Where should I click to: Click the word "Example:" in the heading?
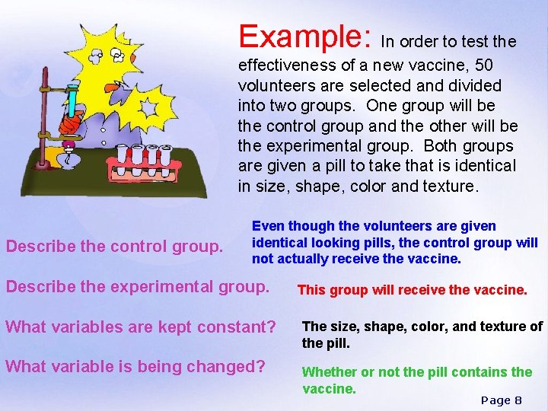coord(304,36)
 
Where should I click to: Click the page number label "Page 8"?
coord(501,400)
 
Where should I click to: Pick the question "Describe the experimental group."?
coord(138,287)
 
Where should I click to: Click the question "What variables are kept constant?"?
coord(141,327)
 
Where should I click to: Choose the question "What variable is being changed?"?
coord(135,367)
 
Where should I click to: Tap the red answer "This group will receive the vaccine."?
coord(412,290)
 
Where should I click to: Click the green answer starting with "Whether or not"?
coord(416,380)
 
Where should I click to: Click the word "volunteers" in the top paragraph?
coord(269,85)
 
